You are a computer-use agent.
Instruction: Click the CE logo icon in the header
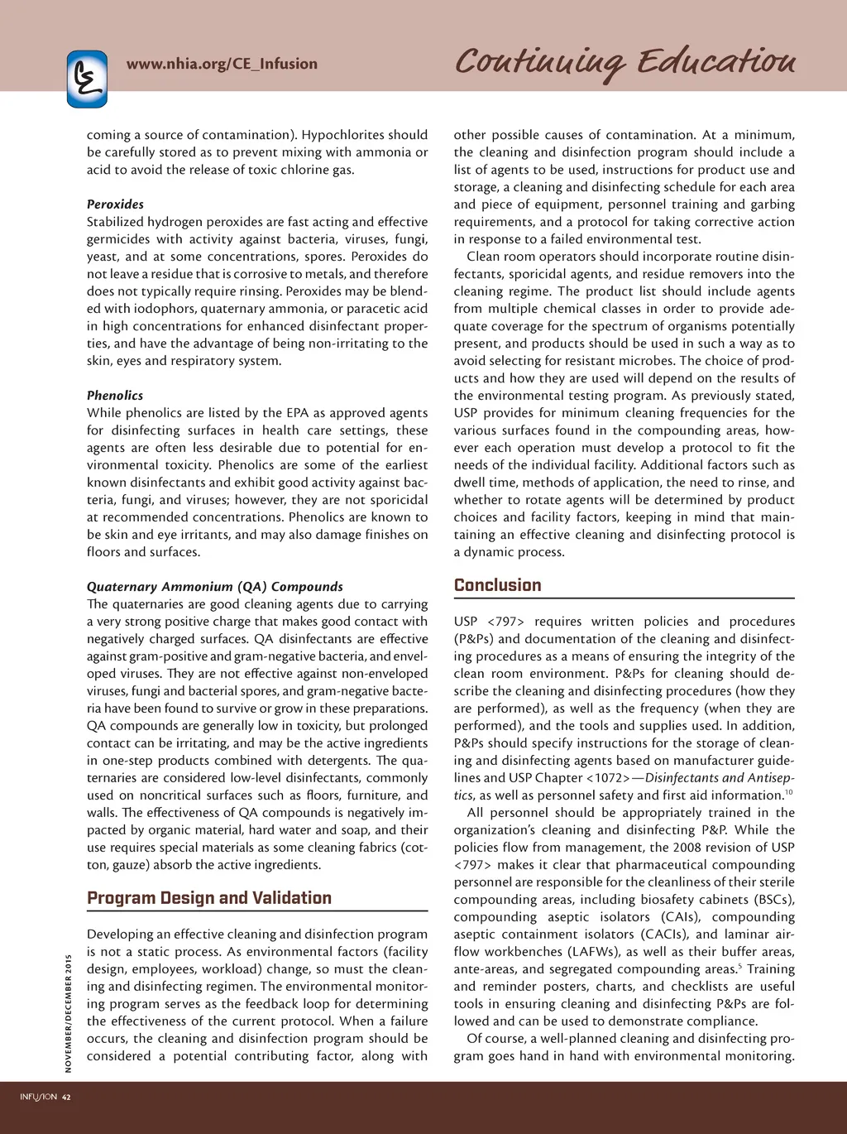point(87,79)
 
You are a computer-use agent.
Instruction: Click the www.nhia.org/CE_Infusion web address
point(222,64)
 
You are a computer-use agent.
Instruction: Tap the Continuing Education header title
point(624,61)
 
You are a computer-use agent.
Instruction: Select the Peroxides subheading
point(115,204)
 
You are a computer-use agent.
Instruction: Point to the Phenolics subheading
point(115,396)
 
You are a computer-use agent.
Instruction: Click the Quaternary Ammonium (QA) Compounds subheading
point(214,587)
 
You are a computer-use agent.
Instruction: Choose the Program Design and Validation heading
point(209,898)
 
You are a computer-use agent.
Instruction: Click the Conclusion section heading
point(497,585)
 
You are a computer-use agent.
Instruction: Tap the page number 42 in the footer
point(66,1098)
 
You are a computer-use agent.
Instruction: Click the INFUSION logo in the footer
point(38,1098)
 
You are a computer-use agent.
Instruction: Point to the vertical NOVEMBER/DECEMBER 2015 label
point(69,1013)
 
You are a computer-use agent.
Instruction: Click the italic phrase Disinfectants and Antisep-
point(720,778)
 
